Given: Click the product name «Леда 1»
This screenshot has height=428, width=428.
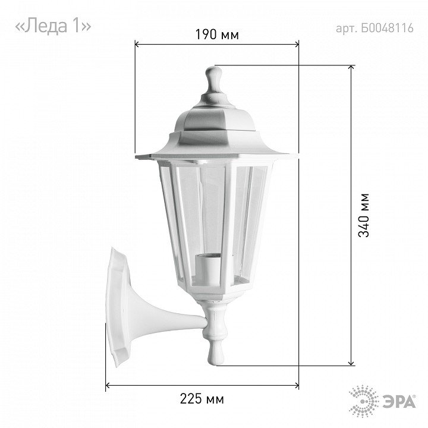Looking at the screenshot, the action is (x=53, y=26).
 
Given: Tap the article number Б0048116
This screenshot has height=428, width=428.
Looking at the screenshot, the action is (x=387, y=28).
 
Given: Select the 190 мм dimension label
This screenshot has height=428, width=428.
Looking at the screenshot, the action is (x=217, y=34).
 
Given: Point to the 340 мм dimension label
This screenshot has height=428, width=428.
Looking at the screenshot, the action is (x=364, y=215).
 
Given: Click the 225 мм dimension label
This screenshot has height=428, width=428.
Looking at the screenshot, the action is (x=202, y=399).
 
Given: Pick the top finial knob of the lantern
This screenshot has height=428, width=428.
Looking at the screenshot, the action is (x=214, y=80).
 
